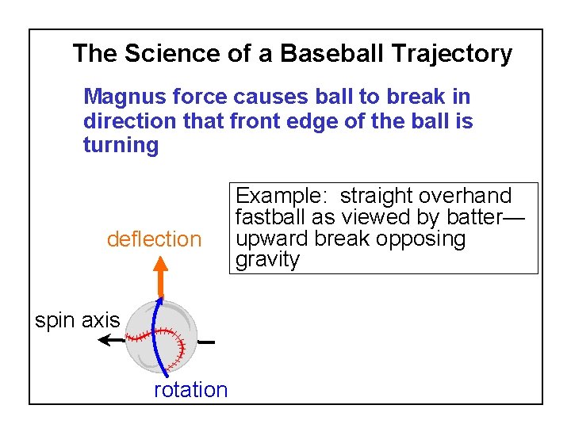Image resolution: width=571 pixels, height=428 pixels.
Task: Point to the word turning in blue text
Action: point(121,145)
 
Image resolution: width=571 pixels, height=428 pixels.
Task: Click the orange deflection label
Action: point(154,239)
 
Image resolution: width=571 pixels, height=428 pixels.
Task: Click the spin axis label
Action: point(77,320)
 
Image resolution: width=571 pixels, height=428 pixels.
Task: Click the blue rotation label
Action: point(190,389)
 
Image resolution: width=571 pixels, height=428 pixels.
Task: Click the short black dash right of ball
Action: point(207,342)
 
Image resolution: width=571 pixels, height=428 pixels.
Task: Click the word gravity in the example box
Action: point(267,260)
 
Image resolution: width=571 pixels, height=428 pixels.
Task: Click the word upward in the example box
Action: point(271,239)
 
